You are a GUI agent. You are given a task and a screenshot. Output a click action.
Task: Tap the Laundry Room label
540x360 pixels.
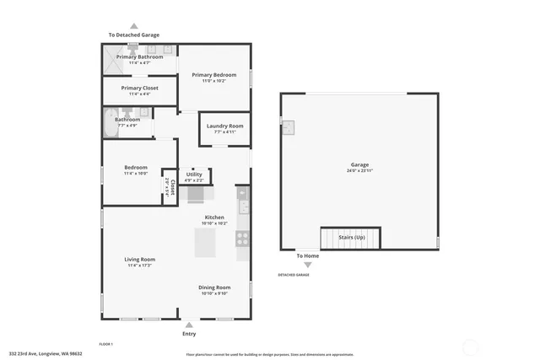[x=224, y=126]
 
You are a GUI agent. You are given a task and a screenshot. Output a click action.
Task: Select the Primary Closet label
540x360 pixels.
[x=139, y=88]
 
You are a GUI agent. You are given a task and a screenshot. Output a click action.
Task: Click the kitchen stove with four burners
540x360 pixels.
[x=242, y=239]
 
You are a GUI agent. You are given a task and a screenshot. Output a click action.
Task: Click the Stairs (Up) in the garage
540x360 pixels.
[x=349, y=238]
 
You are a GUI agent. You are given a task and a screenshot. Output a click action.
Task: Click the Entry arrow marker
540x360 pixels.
[x=188, y=324]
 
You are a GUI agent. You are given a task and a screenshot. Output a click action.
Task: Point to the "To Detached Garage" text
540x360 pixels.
[x=133, y=35]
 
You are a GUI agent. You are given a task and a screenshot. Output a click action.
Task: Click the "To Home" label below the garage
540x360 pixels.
[x=307, y=255]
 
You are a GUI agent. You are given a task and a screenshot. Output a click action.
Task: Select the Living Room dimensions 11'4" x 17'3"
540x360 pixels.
[x=140, y=266]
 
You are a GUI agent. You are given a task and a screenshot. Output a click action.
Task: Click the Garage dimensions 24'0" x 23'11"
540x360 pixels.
[x=359, y=170]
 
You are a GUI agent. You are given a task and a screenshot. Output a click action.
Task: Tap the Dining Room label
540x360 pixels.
[x=214, y=287]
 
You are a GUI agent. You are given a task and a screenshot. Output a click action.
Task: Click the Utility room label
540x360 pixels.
[x=194, y=174]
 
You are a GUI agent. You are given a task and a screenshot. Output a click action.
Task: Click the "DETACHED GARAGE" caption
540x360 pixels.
[x=294, y=275]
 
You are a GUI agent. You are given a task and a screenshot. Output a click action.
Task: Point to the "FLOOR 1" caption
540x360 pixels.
[x=106, y=344]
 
